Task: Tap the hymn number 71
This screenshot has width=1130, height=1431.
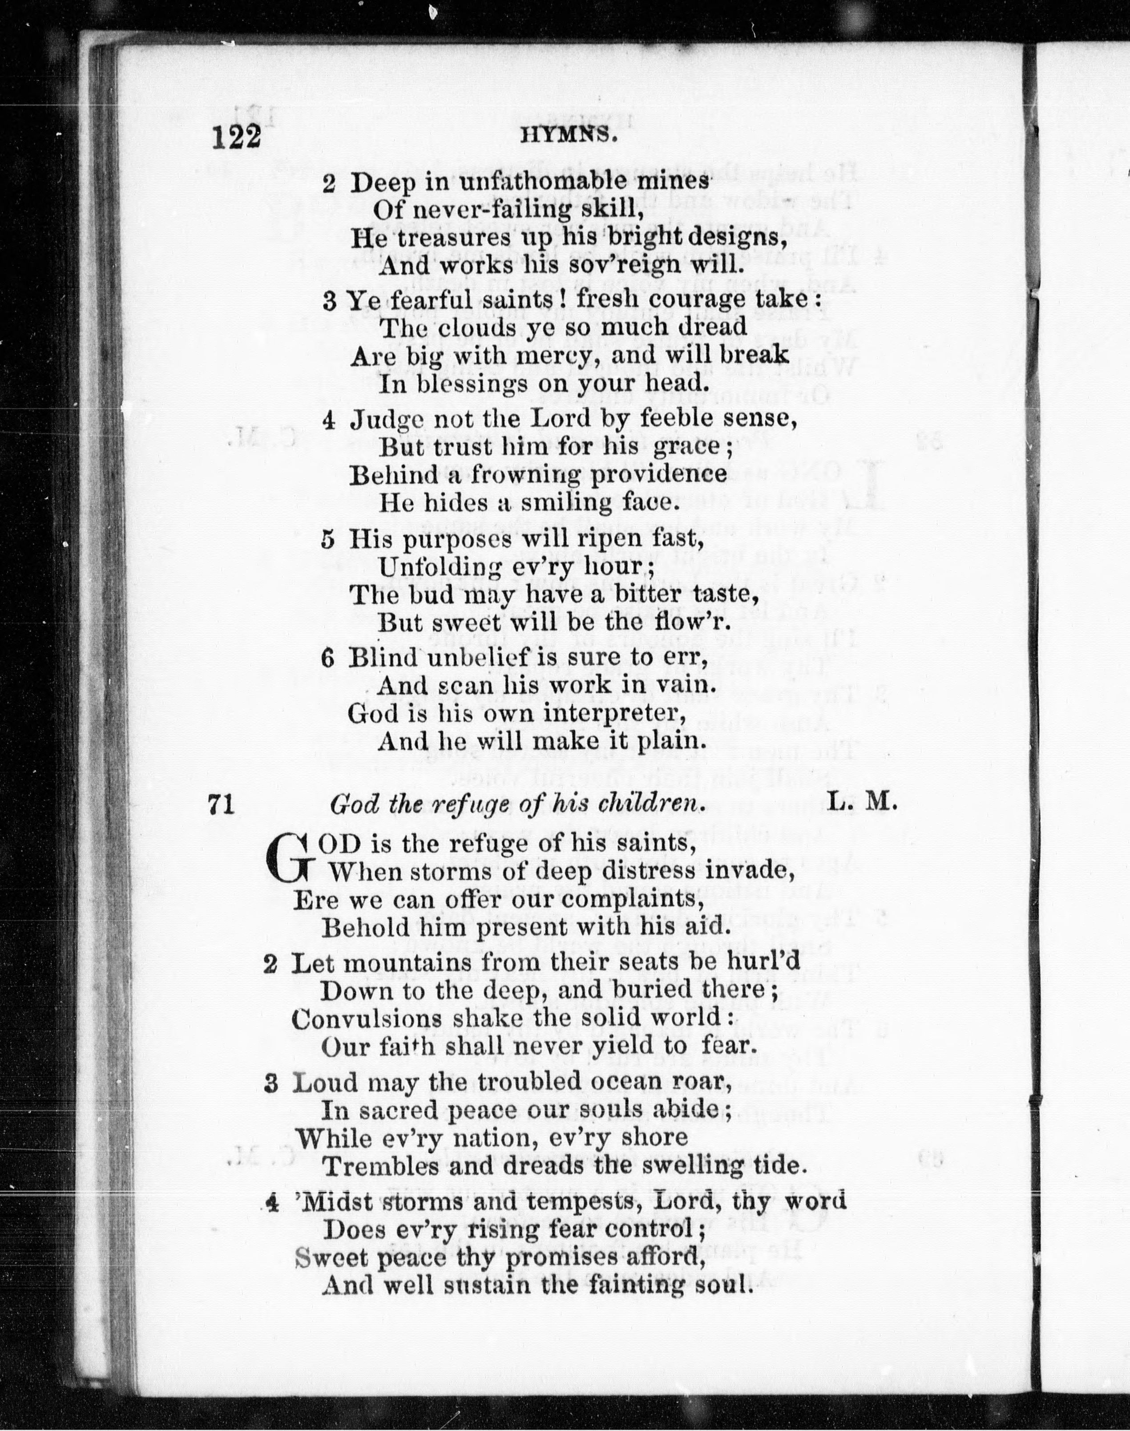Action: pyautogui.click(x=222, y=804)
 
